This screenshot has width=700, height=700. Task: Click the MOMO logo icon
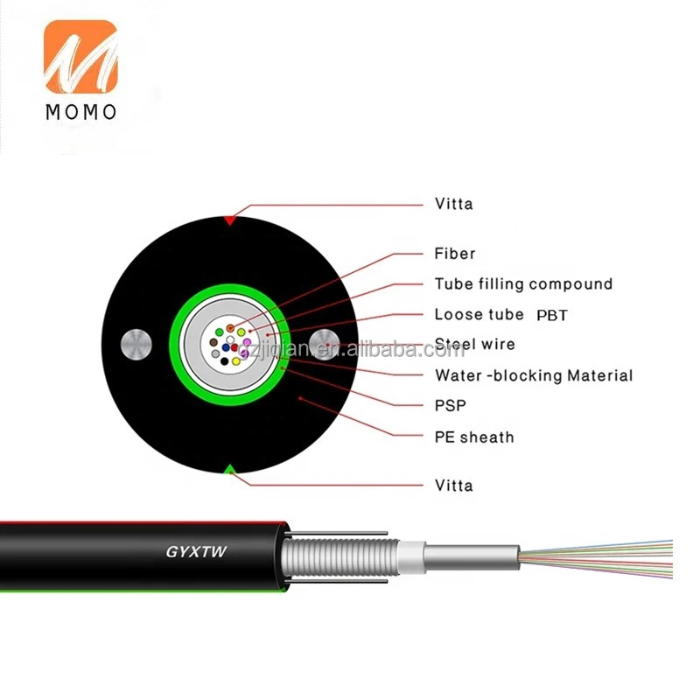click(80, 59)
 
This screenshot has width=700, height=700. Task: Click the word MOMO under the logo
click(80, 112)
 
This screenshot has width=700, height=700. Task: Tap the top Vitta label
click(453, 204)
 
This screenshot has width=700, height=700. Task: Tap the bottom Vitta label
click(453, 485)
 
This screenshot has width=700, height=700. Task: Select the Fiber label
click(455, 254)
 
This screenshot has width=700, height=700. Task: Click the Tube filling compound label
click(523, 283)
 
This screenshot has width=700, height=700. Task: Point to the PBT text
click(551, 315)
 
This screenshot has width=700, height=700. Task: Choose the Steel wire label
click(474, 344)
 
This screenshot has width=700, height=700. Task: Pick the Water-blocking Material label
click(533, 375)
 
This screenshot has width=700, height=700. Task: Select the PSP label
click(450, 405)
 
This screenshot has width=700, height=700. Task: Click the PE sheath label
click(473, 437)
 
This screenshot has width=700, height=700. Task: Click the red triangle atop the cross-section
click(229, 220)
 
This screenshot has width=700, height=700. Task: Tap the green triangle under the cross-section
click(229, 471)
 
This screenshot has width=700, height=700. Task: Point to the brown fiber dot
click(213, 342)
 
